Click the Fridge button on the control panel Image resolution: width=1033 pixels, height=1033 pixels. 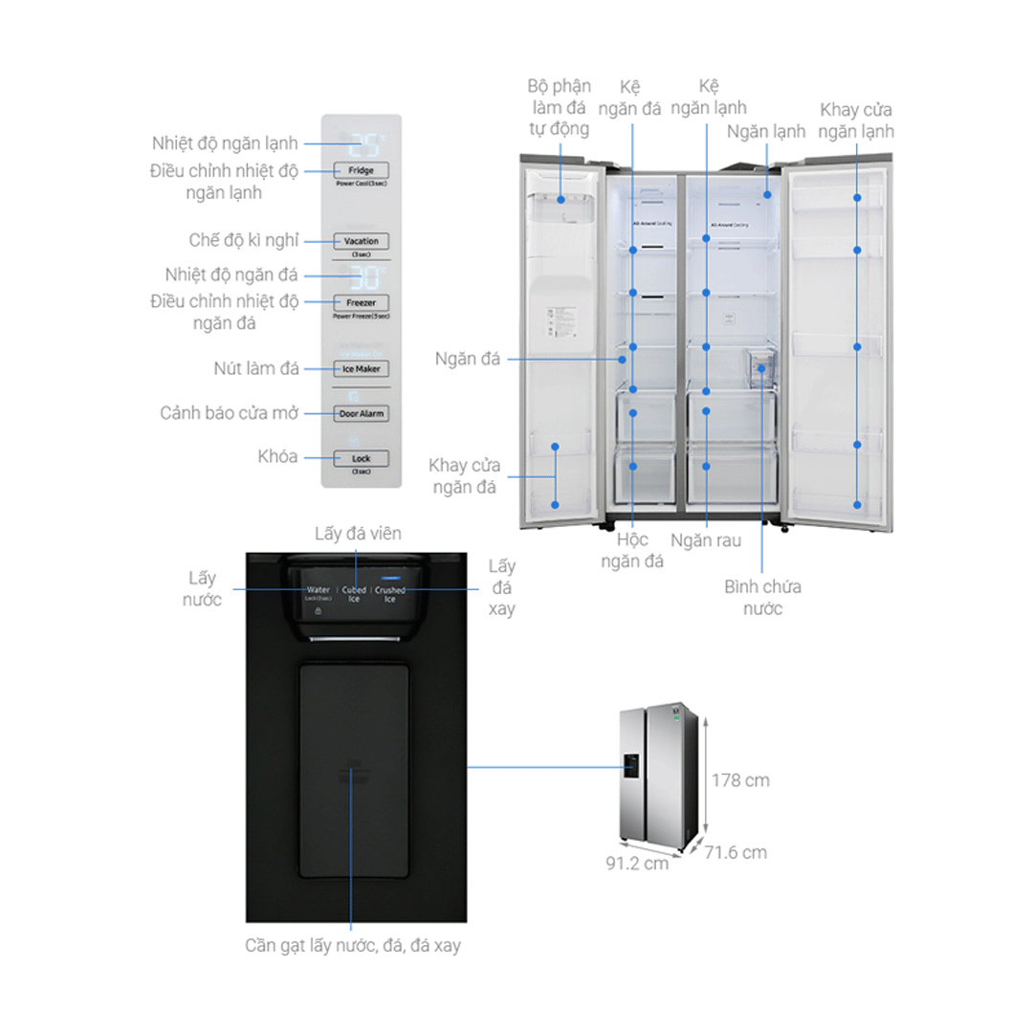(x=361, y=169)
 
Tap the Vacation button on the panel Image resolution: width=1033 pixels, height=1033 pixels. (x=361, y=241)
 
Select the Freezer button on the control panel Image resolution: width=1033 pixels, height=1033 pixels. (x=361, y=302)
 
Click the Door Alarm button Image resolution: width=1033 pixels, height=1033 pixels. (x=361, y=413)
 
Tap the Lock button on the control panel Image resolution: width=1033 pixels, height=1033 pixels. (x=361, y=458)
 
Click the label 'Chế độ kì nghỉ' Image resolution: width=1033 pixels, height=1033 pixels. (x=243, y=240)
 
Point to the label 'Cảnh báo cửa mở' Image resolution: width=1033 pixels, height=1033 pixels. (x=230, y=413)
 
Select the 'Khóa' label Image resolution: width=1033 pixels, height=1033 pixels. (x=278, y=456)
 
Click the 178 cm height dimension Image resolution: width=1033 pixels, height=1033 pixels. (x=739, y=780)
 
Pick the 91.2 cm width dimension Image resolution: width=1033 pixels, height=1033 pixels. (x=636, y=863)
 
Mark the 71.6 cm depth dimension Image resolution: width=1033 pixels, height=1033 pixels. (x=736, y=852)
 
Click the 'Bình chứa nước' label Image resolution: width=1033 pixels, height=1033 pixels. (x=762, y=597)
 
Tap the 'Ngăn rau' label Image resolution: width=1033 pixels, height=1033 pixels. (x=706, y=540)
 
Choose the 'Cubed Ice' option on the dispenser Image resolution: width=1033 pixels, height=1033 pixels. (x=355, y=594)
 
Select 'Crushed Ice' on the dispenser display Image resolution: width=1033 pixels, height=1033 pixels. (x=389, y=594)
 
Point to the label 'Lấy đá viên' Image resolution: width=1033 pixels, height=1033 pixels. (x=358, y=533)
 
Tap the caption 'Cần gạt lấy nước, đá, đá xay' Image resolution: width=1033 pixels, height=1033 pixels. (x=351, y=946)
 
